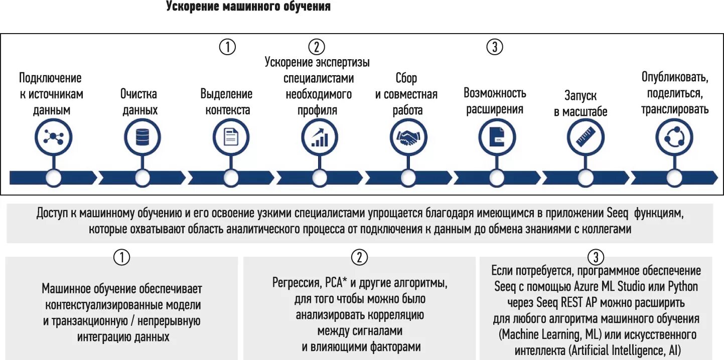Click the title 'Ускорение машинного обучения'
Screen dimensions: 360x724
248,7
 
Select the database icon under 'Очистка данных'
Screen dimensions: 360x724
142,137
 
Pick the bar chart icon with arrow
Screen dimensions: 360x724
320,137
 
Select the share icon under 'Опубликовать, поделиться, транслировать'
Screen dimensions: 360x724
674,137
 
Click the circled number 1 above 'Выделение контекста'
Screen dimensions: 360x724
227,47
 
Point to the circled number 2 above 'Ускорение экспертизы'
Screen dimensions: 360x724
317,47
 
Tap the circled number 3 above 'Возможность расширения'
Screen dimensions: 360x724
495,47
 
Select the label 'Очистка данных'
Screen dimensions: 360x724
139,102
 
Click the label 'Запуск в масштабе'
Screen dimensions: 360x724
581,104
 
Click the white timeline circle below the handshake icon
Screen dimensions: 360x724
408,177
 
